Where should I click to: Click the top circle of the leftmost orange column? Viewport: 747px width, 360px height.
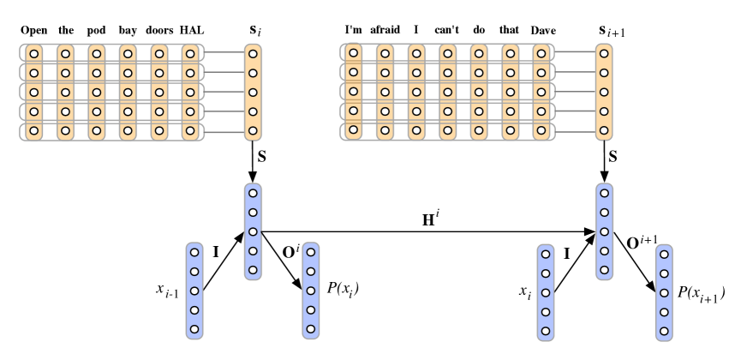point(34,53)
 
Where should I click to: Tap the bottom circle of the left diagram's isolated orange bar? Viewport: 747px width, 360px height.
point(253,131)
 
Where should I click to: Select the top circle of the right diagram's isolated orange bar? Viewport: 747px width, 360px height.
point(604,53)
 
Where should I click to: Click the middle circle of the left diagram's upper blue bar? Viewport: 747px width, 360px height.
point(253,231)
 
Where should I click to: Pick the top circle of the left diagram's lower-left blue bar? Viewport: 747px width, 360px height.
point(194,252)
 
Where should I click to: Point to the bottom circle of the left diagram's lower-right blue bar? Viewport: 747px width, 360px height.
point(311,329)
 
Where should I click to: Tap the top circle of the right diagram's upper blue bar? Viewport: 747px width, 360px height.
point(604,193)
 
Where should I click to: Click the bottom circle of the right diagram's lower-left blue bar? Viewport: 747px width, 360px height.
point(546,331)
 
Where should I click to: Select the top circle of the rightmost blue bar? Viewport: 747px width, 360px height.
point(664,255)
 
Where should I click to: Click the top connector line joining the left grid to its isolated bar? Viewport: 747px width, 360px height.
point(224,52)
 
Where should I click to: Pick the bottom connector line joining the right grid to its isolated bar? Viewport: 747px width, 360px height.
point(575,132)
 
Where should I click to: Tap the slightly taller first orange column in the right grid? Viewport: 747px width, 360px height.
point(353,91)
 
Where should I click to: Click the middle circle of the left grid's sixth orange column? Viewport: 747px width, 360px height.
point(190,92)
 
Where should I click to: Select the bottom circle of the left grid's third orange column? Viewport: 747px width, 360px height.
point(97,131)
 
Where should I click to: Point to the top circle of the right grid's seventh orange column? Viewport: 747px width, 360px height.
point(541,53)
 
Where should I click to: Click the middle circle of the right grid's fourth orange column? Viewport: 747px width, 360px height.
point(447,93)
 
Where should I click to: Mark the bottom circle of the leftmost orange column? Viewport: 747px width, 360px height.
point(34,131)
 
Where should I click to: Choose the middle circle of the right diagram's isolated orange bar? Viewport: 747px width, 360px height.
point(604,93)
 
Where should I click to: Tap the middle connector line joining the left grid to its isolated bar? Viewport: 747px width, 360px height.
point(224,92)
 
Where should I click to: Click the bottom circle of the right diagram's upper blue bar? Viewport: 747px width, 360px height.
point(604,270)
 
